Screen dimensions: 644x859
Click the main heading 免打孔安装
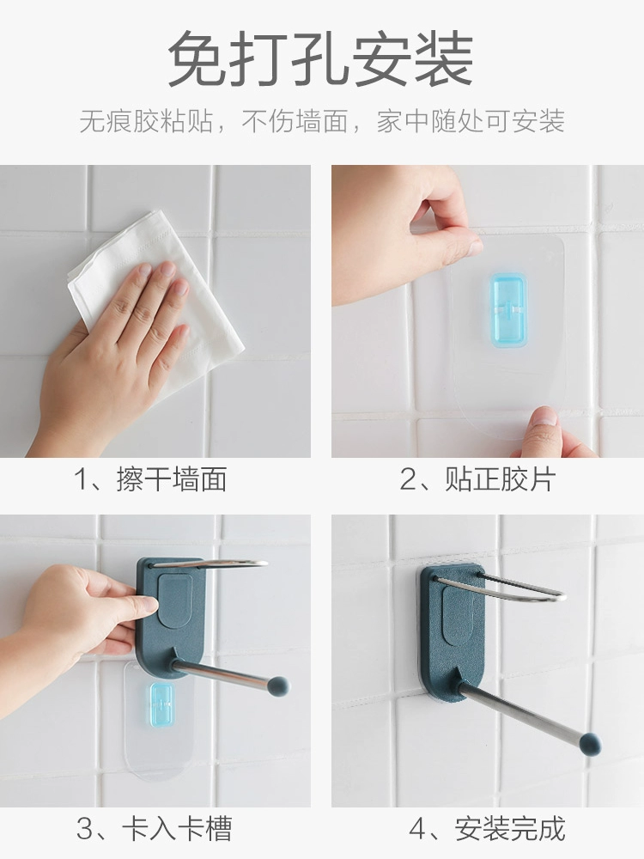tap(321, 58)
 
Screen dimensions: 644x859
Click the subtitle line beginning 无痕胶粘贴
tap(322, 121)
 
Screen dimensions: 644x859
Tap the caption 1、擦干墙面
tap(150, 479)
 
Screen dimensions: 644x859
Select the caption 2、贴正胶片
tap(477, 479)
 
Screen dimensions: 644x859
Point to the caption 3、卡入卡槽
tap(154, 828)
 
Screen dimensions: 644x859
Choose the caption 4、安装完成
tap(487, 828)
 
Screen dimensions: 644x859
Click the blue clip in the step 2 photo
tap(508, 311)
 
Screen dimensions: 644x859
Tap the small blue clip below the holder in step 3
tap(161, 704)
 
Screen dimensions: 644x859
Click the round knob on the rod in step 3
tap(278, 685)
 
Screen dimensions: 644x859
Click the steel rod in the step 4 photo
tap(520, 711)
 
